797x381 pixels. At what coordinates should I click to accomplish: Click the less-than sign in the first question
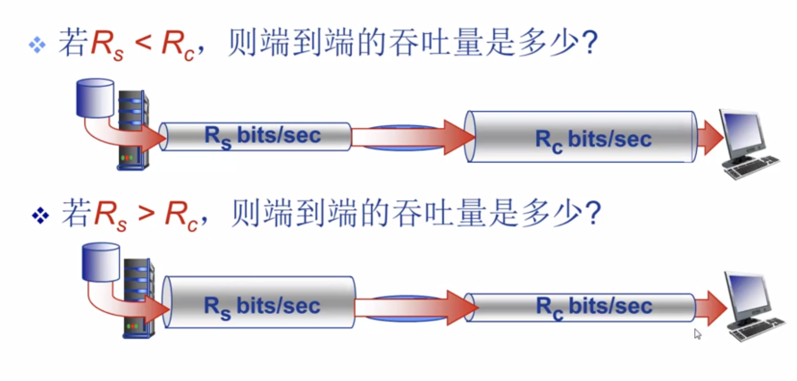click(x=140, y=44)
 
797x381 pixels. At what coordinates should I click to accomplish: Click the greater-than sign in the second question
click(x=140, y=215)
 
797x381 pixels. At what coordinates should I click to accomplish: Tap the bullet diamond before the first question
click(x=36, y=45)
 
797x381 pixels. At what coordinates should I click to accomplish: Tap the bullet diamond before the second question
click(x=37, y=215)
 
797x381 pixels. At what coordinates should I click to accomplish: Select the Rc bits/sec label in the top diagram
click(x=582, y=139)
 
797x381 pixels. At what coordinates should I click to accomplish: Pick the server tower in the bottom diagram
click(x=135, y=300)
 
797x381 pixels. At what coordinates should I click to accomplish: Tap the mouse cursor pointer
click(x=699, y=334)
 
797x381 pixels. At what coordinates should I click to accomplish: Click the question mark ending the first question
click(x=588, y=44)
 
